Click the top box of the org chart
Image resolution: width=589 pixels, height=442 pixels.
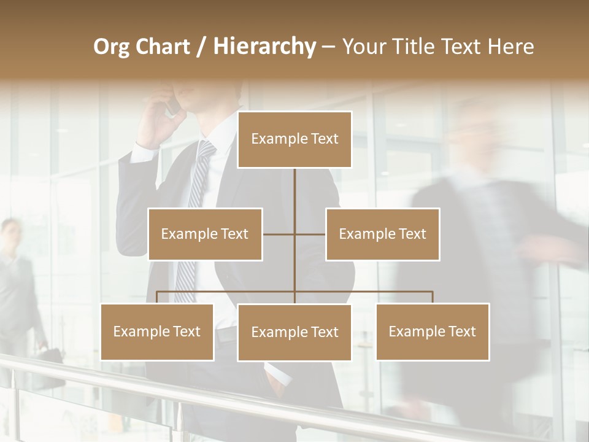click(294, 139)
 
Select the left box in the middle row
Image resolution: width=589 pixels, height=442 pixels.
click(205, 234)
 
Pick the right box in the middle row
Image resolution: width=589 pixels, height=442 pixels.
click(382, 234)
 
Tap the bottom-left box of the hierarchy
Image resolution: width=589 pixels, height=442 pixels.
click(157, 331)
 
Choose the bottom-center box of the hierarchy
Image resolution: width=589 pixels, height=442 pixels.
click(294, 332)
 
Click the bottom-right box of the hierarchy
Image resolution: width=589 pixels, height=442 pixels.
click(433, 331)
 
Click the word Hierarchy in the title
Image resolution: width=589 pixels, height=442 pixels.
click(264, 47)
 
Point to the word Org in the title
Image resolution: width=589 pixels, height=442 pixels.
click(111, 47)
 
